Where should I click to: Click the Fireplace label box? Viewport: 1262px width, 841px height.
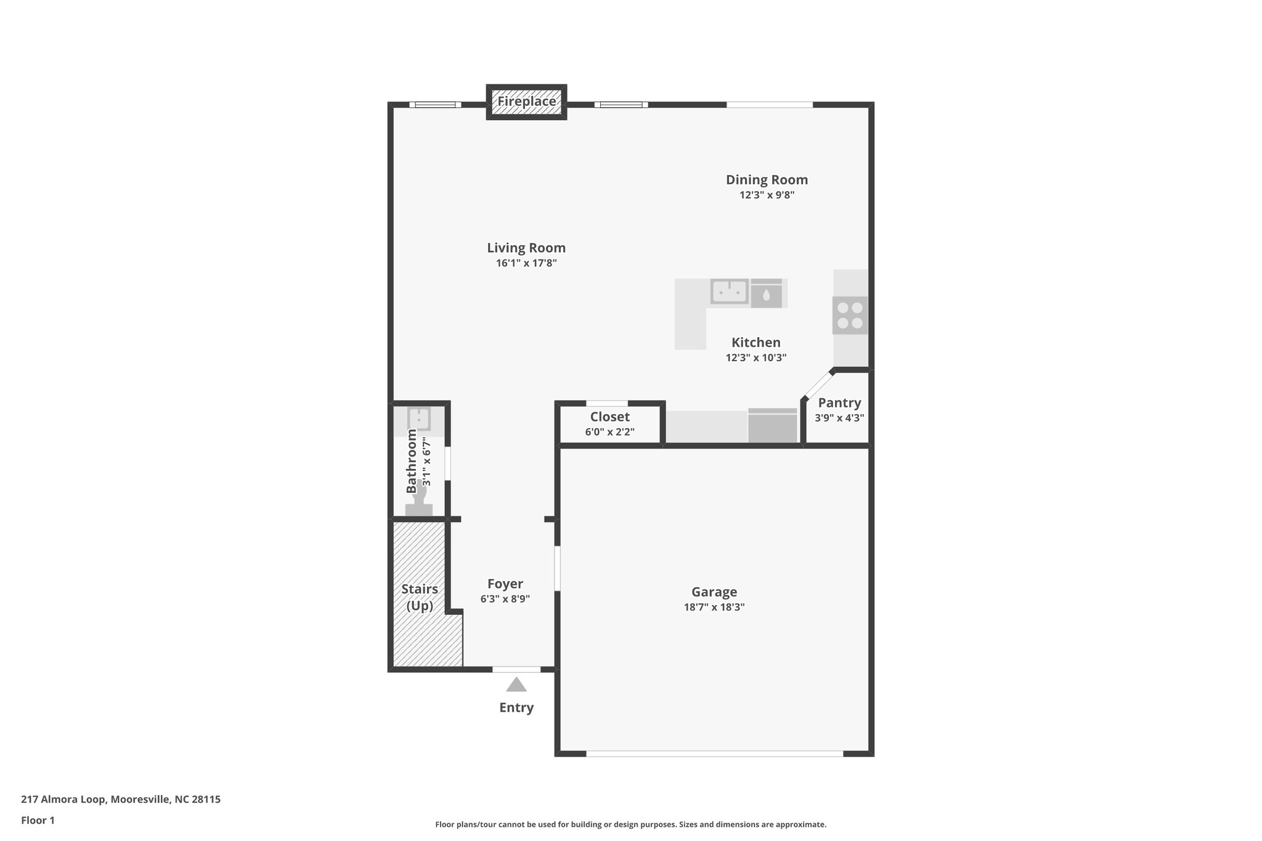point(526,102)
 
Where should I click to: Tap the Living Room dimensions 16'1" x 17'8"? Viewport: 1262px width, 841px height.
point(526,263)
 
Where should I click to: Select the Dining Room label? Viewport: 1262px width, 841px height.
point(767,180)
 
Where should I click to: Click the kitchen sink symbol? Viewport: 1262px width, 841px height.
point(729,291)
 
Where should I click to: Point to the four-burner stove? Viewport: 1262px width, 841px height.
point(850,315)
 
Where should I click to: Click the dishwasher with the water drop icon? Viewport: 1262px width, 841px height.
point(766,293)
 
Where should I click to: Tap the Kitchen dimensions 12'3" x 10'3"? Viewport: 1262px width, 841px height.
point(756,357)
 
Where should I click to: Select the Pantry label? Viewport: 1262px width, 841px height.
point(839,403)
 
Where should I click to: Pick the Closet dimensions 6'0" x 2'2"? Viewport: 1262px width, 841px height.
point(609,432)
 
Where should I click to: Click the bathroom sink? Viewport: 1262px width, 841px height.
point(419,418)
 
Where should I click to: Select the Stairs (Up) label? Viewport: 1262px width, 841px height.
point(420,597)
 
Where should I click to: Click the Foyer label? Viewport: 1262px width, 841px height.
point(505,583)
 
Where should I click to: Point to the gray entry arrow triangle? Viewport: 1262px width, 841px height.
point(516,685)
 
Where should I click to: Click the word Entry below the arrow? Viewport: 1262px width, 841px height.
point(516,707)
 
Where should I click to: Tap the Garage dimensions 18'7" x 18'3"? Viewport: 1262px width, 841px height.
point(714,607)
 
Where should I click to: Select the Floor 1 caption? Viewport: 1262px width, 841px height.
point(38,820)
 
